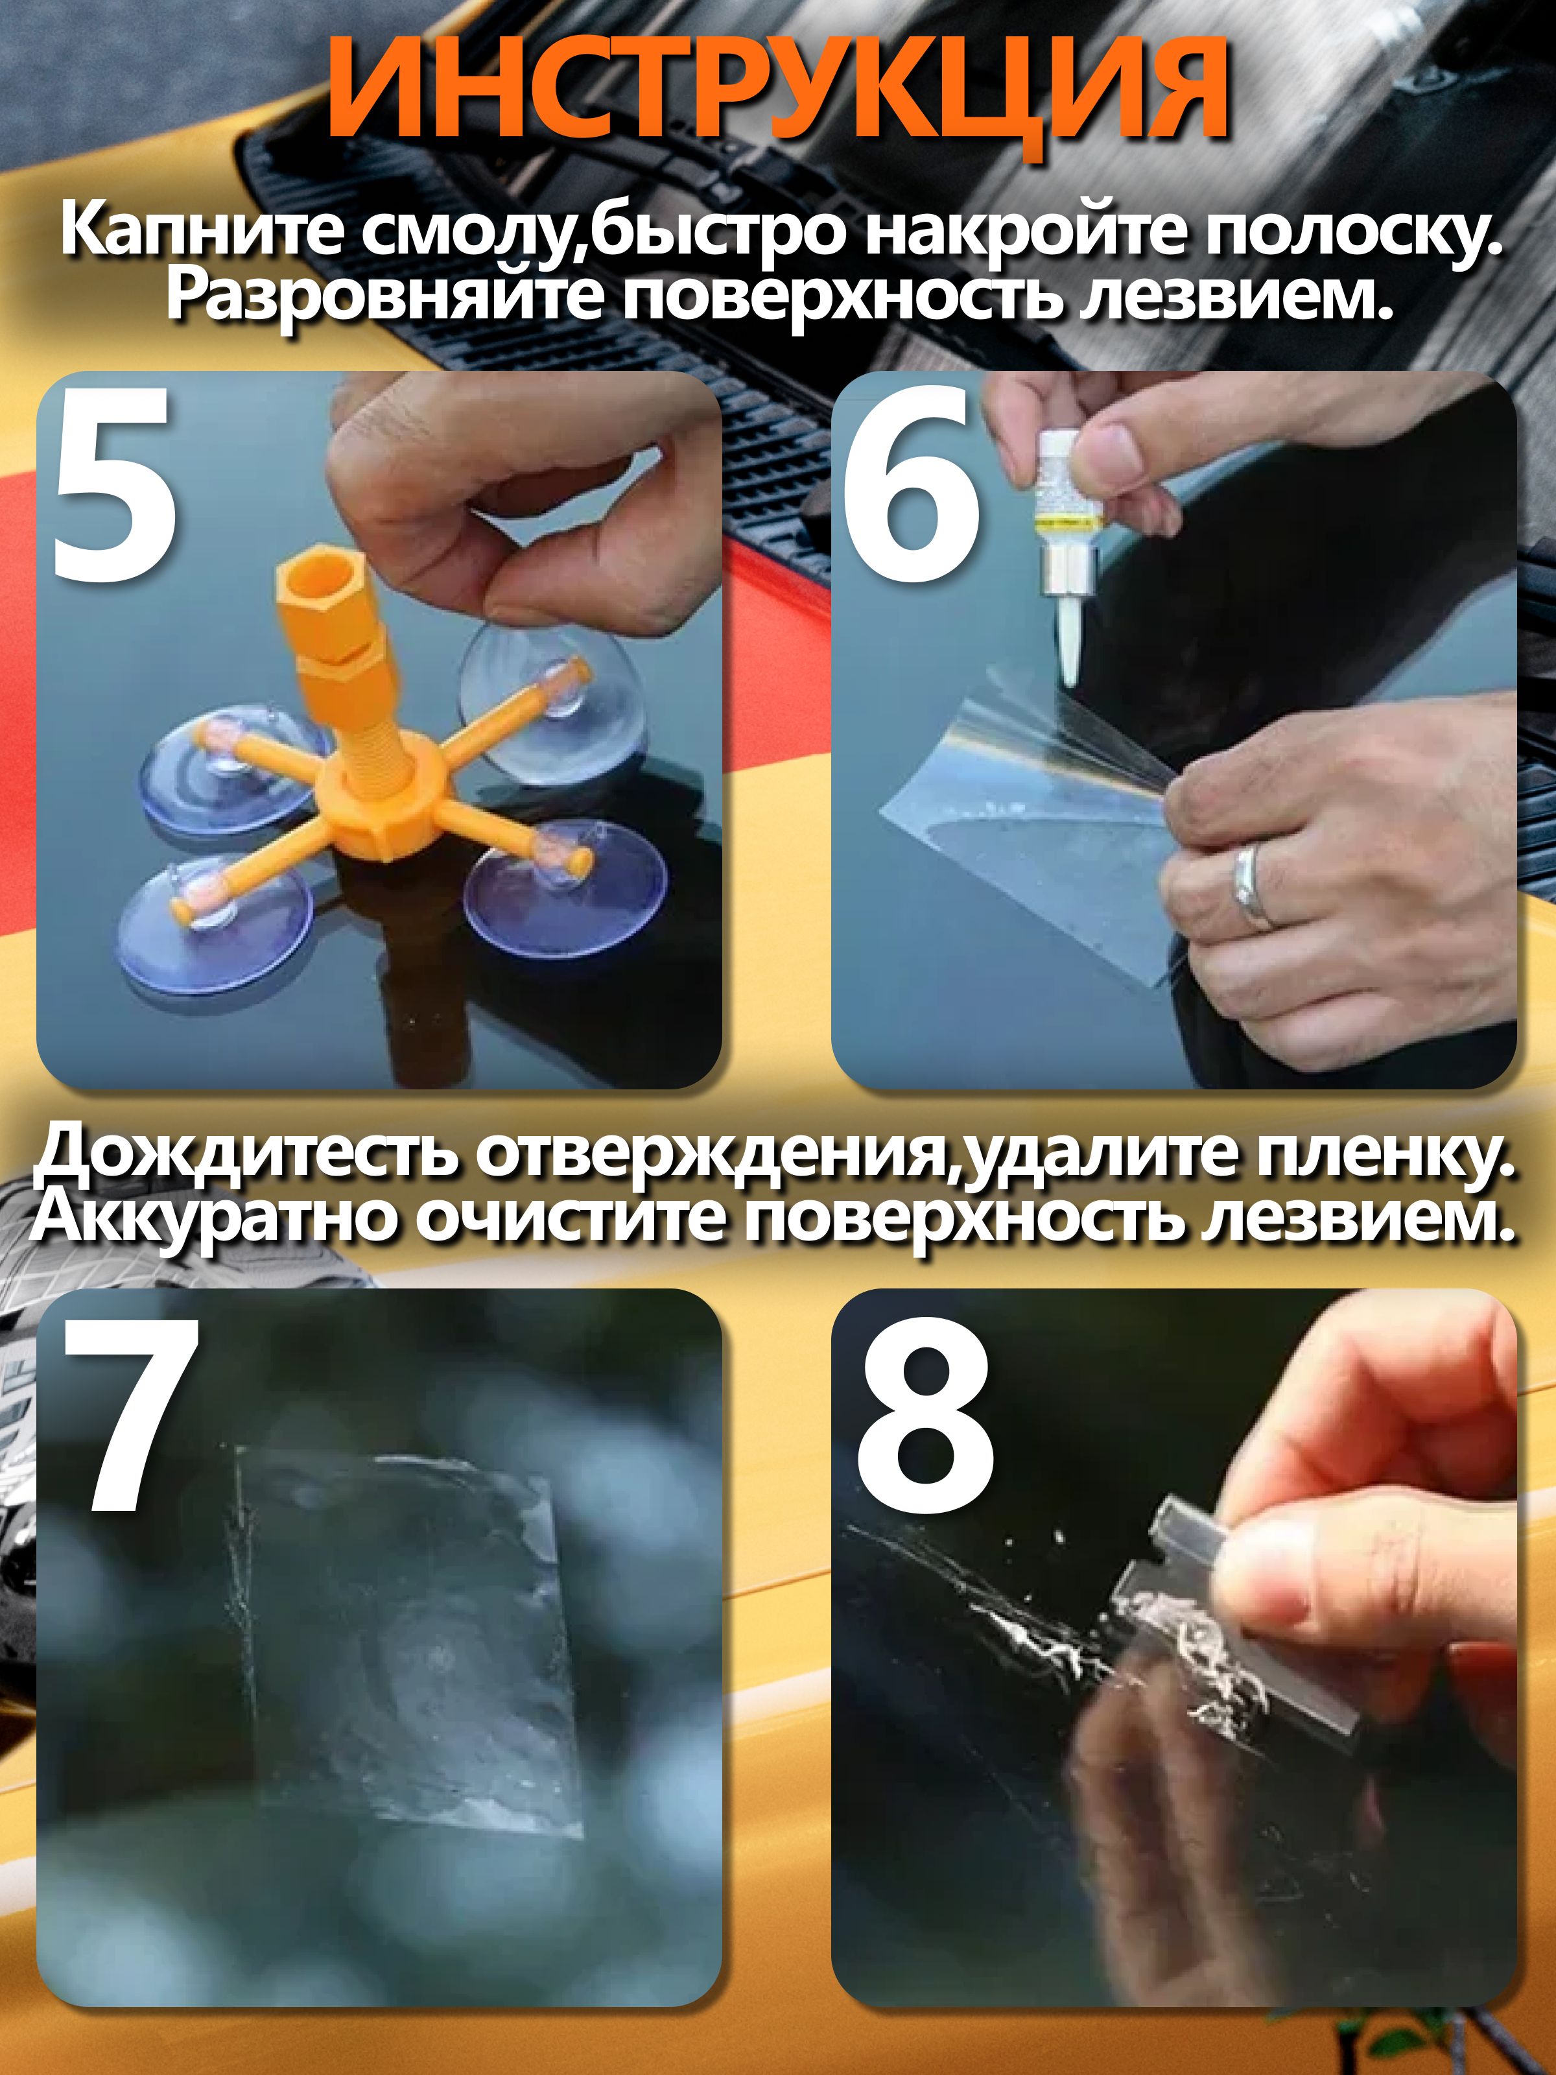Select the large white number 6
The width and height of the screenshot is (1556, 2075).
pyautogui.click(x=910, y=483)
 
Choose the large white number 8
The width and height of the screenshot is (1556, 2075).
pyautogui.click(x=924, y=1416)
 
